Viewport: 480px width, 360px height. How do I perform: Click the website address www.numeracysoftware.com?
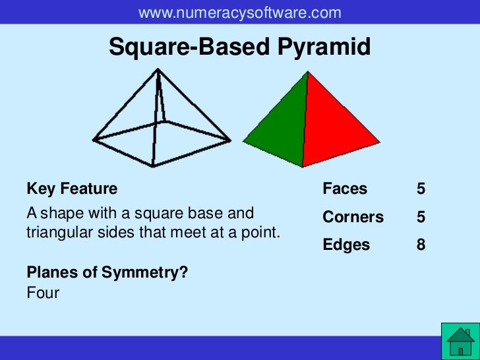click(240, 13)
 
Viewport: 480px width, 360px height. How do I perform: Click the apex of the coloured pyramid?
click(308, 72)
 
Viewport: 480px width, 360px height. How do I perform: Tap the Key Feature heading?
click(72, 189)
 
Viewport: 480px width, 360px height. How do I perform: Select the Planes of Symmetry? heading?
click(107, 272)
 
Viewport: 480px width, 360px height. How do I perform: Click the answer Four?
click(43, 292)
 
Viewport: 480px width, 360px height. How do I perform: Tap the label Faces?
click(345, 189)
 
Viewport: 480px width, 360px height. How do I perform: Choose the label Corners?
click(353, 217)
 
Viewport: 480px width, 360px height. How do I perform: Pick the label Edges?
click(346, 245)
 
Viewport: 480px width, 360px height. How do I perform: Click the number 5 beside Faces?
click(421, 189)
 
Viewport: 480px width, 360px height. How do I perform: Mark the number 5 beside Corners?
click(421, 217)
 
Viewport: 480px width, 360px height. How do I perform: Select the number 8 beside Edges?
click(421, 245)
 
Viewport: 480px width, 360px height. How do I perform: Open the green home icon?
click(460, 342)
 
